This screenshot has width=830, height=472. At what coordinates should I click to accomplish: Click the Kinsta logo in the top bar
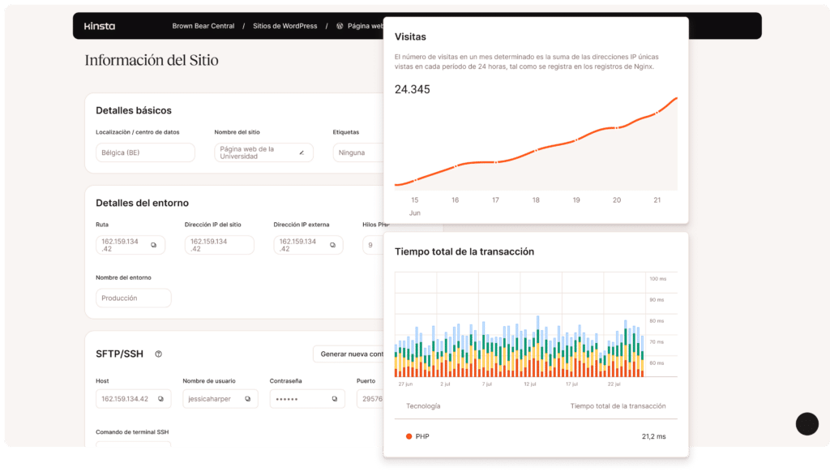pos(100,26)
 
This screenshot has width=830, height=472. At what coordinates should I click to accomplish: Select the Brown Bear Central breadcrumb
pos(203,26)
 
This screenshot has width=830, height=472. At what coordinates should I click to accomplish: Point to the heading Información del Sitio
pos(152,60)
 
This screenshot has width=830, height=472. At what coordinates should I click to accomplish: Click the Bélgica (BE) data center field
pos(144,152)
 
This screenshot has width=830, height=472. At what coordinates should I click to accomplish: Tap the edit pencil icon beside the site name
pos(302,152)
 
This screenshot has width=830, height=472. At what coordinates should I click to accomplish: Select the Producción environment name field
pos(133,298)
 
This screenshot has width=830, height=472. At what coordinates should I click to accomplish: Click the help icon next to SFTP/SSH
pos(159,354)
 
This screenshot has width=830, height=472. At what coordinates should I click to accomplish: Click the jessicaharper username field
pos(220,398)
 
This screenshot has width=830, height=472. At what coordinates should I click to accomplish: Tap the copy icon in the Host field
pos(160,398)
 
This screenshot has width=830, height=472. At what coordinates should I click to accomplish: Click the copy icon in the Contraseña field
pos(335,398)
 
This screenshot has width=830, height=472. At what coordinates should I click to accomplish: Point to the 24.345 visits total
pos(413,89)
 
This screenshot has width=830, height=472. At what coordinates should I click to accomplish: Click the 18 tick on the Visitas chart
pos(536,200)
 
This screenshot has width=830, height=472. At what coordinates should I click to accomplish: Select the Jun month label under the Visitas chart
pos(415,212)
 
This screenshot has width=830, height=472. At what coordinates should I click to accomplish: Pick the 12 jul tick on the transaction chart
pos(530,384)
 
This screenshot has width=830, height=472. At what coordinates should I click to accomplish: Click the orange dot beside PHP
pos(409,436)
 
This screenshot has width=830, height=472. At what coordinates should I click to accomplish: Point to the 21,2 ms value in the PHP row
pos(653,436)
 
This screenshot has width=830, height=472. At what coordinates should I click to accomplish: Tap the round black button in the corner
pos(807,423)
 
